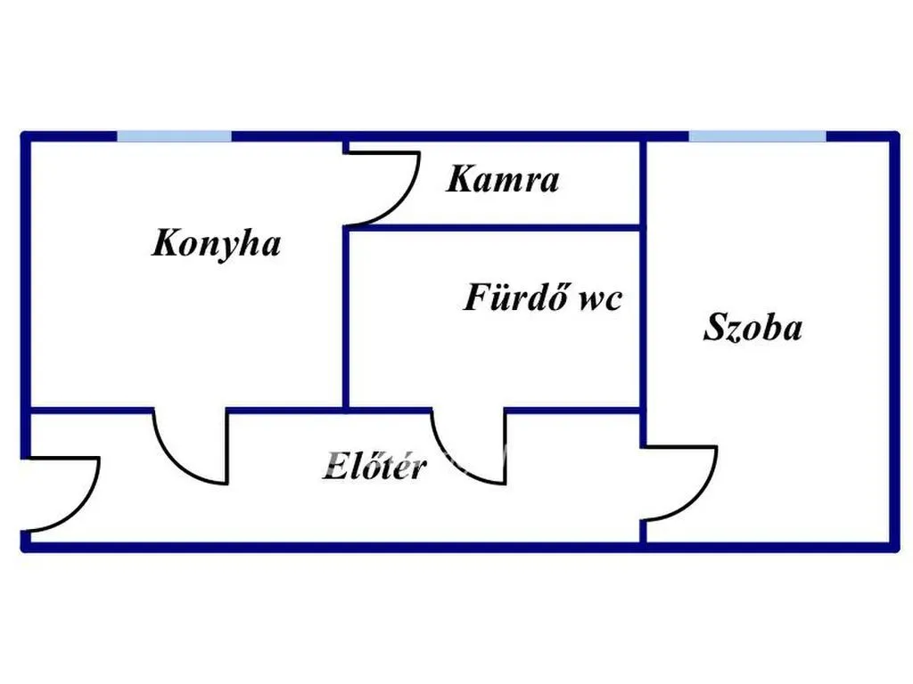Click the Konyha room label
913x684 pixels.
coord(216,244)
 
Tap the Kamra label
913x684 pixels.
coord(503,179)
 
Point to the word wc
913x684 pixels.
coord(599,300)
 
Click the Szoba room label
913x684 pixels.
coord(753,327)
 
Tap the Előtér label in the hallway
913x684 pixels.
coord(374,465)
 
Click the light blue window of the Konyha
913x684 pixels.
coord(174,136)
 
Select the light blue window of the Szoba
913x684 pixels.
coord(758,136)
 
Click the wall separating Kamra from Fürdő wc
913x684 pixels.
coord(494,227)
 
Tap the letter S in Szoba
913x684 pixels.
coord(717,327)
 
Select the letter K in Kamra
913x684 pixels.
coord(461,179)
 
